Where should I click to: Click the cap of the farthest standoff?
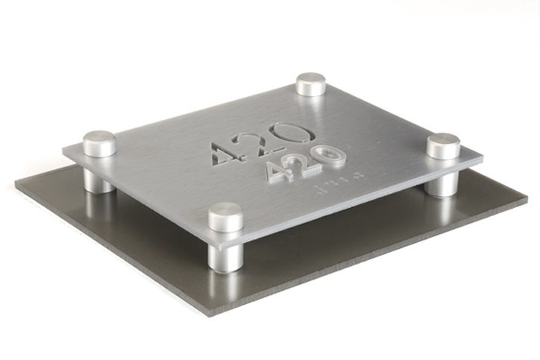(311, 84)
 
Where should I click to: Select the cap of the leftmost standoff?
(99, 144)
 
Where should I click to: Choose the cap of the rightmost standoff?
(444, 146)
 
